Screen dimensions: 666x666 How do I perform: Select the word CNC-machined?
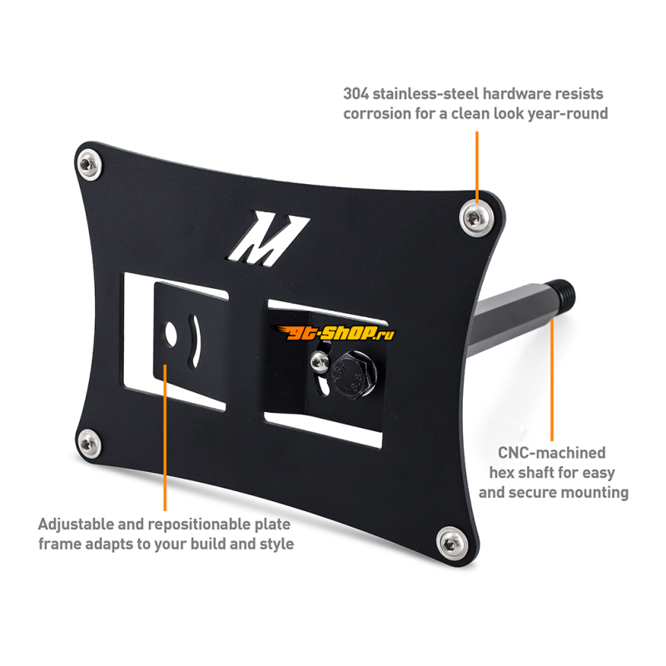(x=552, y=453)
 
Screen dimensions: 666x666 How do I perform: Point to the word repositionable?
(x=208, y=525)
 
